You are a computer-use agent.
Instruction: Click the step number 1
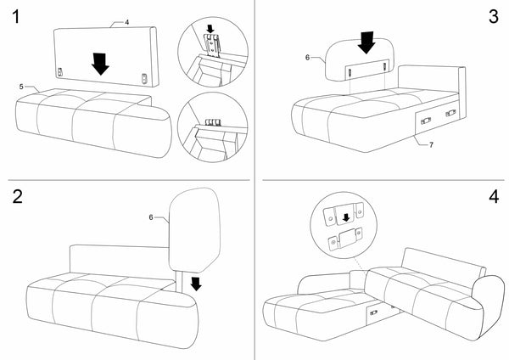15,16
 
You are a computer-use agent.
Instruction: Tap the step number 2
18,196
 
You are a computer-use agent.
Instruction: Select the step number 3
494,16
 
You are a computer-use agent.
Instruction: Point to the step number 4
494,196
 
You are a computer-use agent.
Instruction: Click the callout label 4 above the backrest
127,22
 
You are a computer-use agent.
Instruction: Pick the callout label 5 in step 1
21,87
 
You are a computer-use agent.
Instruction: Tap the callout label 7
431,144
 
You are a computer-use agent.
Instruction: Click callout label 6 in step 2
151,217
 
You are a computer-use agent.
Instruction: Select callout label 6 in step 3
307,58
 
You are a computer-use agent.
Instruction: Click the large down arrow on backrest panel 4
100,64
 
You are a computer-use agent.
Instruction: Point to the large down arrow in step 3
366,42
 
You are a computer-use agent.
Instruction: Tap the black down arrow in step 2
196,284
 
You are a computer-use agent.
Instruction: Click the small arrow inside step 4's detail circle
346,217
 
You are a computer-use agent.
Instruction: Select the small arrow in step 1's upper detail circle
210,29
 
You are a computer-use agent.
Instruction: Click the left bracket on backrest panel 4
60,72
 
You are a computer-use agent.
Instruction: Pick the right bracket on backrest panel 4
144,79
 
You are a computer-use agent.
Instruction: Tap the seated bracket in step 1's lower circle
213,122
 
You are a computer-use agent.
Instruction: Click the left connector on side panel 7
426,121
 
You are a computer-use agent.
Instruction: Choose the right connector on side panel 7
450,113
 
